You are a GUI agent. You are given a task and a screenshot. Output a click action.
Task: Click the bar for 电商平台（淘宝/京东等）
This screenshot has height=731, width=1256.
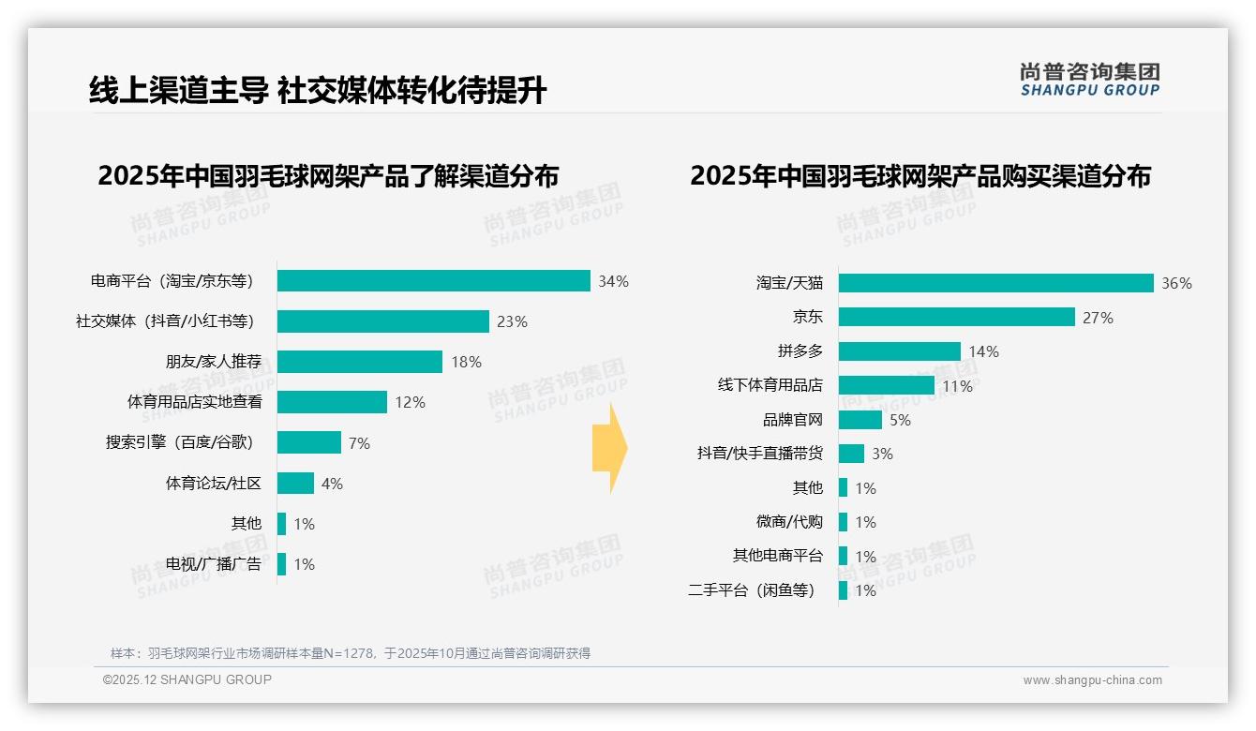pyautogui.click(x=433, y=281)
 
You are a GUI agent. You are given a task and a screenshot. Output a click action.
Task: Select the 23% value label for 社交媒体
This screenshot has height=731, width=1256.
pyautogui.click(x=512, y=321)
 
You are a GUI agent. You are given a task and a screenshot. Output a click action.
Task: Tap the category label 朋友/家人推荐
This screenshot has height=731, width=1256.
pyautogui.click(x=213, y=362)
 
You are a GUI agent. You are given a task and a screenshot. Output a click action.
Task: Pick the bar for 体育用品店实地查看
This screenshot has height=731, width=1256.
pyautogui.click(x=332, y=402)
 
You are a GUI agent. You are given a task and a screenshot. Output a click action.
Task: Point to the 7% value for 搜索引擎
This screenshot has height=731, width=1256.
pyautogui.click(x=359, y=443)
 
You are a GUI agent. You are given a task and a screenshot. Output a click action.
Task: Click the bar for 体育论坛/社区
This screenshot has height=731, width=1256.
pyautogui.click(x=295, y=484)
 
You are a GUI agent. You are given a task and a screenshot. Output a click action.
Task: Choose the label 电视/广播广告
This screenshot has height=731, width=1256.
pyautogui.click(x=213, y=564)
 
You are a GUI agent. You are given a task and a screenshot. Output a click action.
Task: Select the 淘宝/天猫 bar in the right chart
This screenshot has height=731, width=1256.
pyautogui.click(x=995, y=283)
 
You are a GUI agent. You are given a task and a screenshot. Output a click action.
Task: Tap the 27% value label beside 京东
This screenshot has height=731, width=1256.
pyautogui.click(x=1098, y=318)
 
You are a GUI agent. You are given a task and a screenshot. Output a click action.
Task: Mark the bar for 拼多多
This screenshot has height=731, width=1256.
pyautogui.click(x=899, y=351)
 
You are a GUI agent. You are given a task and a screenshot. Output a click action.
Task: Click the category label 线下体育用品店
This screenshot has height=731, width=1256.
pyautogui.click(x=770, y=385)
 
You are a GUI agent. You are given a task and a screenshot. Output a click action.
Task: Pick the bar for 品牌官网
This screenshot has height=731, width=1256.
pyautogui.click(x=860, y=420)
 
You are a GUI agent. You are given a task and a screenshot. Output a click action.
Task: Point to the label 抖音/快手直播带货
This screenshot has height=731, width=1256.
pyautogui.click(x=759, y=454)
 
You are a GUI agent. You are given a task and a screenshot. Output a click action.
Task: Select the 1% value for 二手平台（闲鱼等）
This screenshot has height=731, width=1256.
pyautogui.click(x=865, y=590)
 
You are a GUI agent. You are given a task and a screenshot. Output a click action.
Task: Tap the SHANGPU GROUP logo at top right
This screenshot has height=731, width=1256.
pyautogui.click(x=1089, y=80)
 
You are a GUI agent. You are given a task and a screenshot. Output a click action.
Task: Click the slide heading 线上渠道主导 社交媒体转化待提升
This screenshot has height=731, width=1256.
pyautogui.click(x=318, y=90)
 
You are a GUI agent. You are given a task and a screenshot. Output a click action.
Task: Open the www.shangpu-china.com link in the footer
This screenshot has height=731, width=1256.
pyautogui.click(x=1092, y=680)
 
